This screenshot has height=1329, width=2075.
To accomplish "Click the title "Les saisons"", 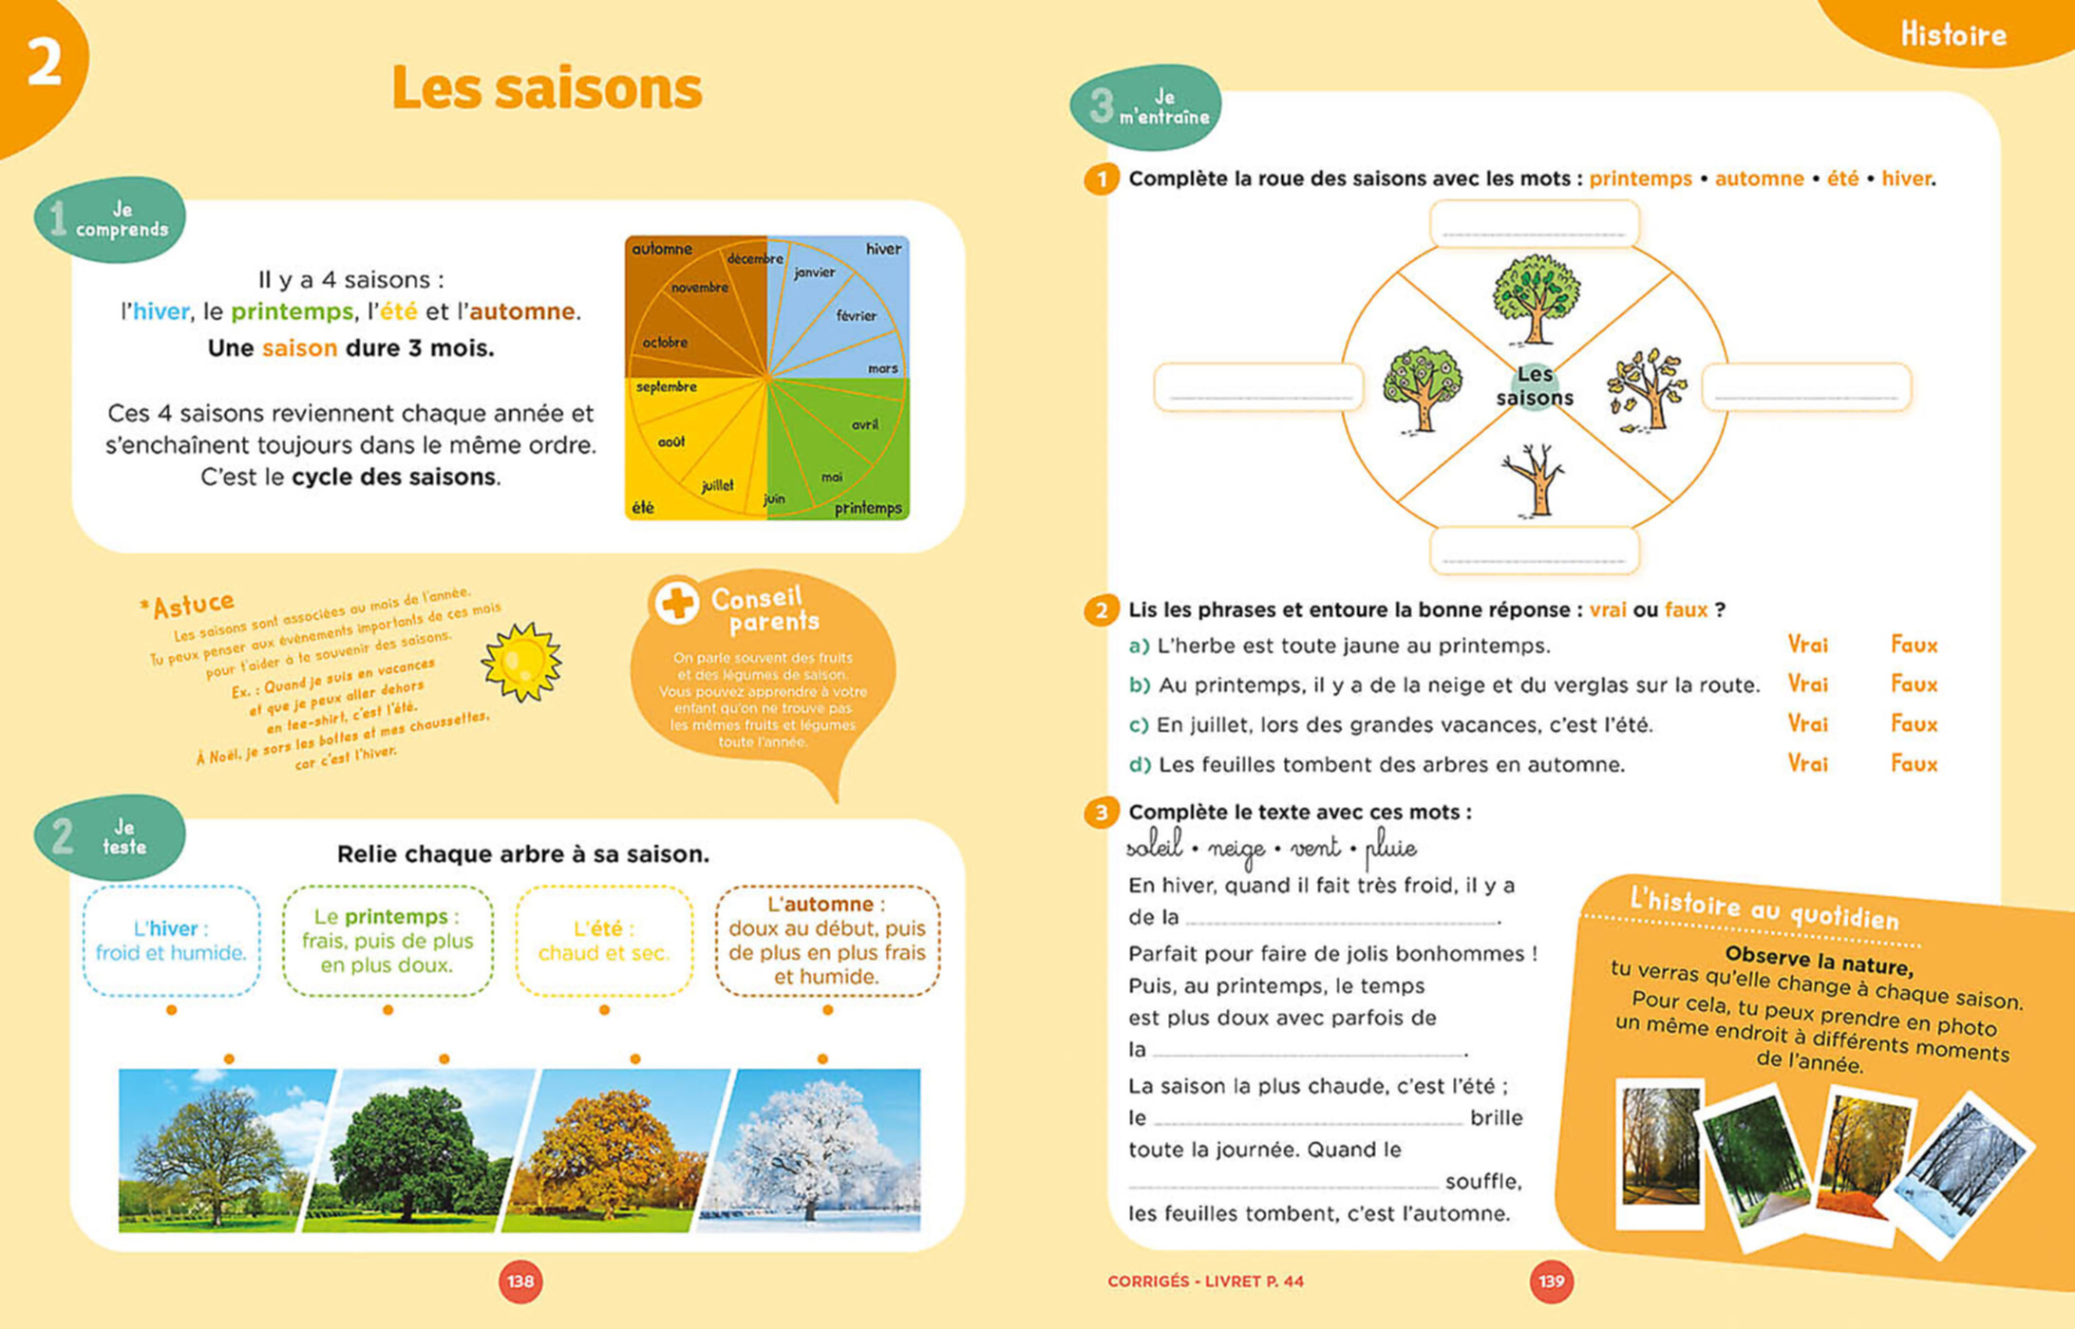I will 546,88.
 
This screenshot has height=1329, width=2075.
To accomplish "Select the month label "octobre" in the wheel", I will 665,343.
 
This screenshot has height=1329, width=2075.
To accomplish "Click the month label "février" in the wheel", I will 856,315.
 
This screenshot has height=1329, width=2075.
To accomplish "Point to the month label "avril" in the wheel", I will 864,424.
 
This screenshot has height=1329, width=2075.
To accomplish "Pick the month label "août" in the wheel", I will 671,441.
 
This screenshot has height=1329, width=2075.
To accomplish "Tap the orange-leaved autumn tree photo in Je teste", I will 608,1151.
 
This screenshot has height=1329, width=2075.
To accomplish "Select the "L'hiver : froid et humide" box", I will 171,941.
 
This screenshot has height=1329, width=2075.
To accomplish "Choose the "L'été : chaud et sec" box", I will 604,941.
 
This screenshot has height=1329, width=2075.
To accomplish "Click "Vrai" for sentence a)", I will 1807,646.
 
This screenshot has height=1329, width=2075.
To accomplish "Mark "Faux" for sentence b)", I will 1914,684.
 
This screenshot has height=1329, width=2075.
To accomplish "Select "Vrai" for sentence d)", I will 1807,764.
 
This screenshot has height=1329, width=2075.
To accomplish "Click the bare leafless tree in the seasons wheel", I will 1533,480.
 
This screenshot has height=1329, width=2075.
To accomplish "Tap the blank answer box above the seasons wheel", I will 1534,224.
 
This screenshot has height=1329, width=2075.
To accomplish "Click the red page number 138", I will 520,1282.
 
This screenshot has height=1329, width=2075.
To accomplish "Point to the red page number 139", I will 1551,1282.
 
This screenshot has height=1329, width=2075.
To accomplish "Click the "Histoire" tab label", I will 1952,35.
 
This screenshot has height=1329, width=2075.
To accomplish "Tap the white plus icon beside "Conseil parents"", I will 677,602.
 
